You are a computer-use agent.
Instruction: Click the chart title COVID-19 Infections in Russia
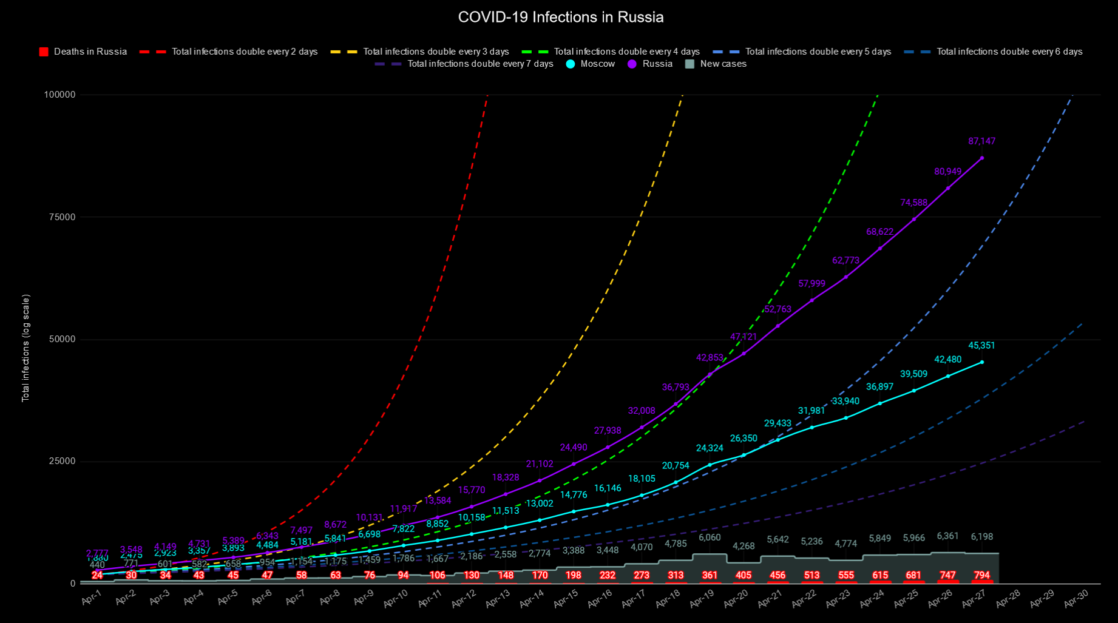[560, 17]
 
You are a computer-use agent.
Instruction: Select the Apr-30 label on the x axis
[1076, 599]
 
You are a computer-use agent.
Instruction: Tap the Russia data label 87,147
[981, 141]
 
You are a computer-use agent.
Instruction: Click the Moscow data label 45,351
[981, 346]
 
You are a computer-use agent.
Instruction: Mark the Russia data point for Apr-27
[982, 158]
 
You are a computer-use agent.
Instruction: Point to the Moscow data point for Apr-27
[982, 362]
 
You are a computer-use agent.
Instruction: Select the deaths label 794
[981, 575]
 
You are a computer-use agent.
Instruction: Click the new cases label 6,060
[710, 537]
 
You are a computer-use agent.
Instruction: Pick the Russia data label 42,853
[710, 358]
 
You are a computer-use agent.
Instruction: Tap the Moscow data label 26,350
[744, 439]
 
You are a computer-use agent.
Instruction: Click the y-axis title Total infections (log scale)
[25, 348]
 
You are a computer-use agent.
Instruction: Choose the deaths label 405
[744, 575]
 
